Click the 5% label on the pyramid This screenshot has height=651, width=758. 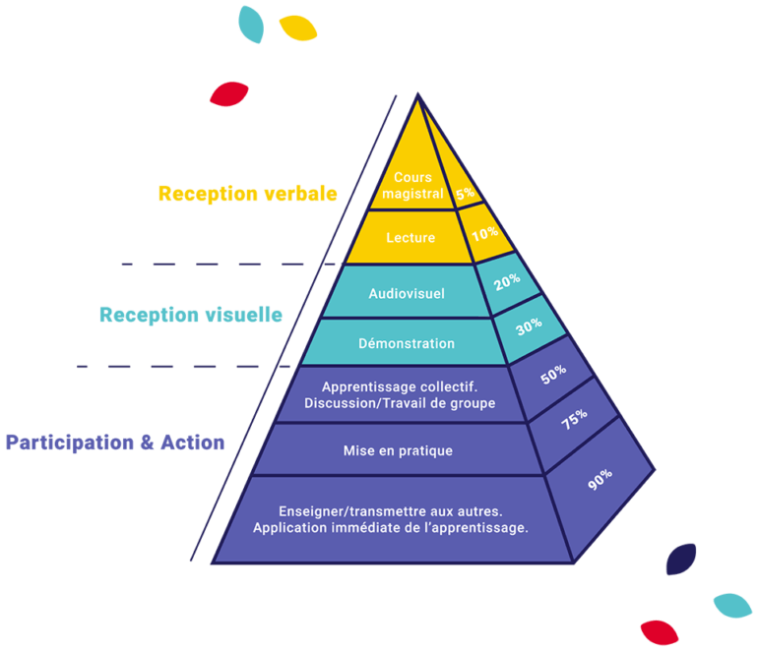[465, 195]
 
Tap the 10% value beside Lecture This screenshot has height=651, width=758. [483, 235]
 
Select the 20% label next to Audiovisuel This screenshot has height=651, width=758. [507, 281]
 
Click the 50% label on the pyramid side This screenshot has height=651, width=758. [554, 374]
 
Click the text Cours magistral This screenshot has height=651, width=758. [412, 186]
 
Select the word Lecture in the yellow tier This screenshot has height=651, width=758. [411, 237]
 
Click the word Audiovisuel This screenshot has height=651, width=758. [407, 293]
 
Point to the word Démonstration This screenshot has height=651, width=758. [406, 343]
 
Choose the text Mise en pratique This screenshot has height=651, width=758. [398, 450]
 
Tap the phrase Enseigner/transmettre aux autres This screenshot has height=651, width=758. [391, 511]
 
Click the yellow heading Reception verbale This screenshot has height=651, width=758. [248, 193]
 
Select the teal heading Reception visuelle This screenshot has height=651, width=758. [191, 315]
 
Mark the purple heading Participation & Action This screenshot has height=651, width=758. [115, 443]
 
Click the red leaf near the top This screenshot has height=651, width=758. [227, 94]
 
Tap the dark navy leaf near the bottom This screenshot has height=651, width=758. [681, 559]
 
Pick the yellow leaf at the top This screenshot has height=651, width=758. [298, 28]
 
